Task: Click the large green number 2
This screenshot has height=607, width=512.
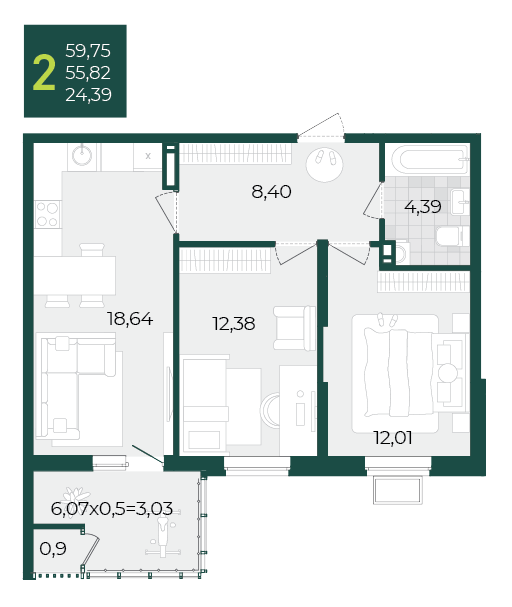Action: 44,72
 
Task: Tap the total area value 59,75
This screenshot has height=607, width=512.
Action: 88,51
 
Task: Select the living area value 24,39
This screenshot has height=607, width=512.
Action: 88,94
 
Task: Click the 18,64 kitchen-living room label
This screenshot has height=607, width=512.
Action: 130,319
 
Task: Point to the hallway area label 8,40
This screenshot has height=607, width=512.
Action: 271,192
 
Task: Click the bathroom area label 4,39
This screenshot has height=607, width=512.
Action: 423,206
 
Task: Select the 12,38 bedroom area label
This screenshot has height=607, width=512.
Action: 234,324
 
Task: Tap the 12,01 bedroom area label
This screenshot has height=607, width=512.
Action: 393,437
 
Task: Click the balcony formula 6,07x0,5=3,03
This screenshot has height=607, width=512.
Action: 111,508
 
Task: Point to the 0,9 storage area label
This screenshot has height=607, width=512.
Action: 53,548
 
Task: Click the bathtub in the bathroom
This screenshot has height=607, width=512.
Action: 430,159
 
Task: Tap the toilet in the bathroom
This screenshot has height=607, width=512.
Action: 449,236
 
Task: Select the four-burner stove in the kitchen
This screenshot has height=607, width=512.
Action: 48,214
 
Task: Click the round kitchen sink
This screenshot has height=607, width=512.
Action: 82,154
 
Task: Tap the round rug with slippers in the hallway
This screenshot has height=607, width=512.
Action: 324,164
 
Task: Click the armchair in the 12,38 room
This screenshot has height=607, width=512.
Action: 294,328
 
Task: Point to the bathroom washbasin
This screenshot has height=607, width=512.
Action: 459,202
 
